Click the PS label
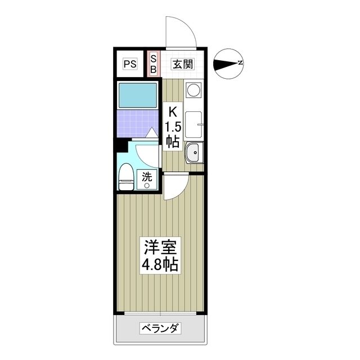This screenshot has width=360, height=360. tap(130, 64)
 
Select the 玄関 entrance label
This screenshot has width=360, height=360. tap(183, 64)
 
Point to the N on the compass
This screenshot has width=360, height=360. tap(240, 62)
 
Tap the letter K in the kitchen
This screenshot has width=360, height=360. tap(173, 111)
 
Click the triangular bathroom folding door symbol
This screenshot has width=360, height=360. tap(152, 133)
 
